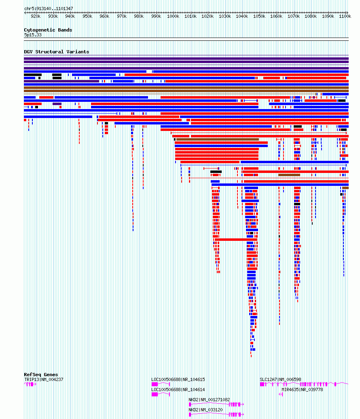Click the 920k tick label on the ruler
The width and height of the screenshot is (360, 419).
coord(36,16)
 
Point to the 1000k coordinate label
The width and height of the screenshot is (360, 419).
coord(173,16)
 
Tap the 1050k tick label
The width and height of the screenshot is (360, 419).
coord(259,16)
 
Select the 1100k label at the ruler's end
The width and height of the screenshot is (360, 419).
coord(345,16)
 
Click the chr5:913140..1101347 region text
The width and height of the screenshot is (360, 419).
coord(49,8)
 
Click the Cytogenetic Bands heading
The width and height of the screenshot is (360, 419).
coord(48,30)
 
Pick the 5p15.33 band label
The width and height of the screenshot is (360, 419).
coord(33,35)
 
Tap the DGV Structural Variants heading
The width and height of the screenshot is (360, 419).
coord(57,52)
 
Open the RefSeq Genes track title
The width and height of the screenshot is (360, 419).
coord(41,375)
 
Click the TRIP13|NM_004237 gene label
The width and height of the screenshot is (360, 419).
coord(44,379)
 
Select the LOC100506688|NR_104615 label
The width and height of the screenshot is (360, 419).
coord(178,379)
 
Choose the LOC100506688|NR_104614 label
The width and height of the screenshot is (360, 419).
coord(178,390)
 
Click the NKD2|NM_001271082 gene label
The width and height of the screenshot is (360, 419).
coord(209,400)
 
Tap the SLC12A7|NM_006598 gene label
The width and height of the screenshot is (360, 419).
coord(280,379)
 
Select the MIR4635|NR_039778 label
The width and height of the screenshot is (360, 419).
coord(302,390)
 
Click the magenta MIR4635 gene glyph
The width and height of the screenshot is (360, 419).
coord(281,394)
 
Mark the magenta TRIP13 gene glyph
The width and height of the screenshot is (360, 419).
coord(30,384)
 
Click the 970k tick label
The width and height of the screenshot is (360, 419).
coord(122,16)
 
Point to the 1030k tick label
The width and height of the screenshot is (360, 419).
coord(224,16)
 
